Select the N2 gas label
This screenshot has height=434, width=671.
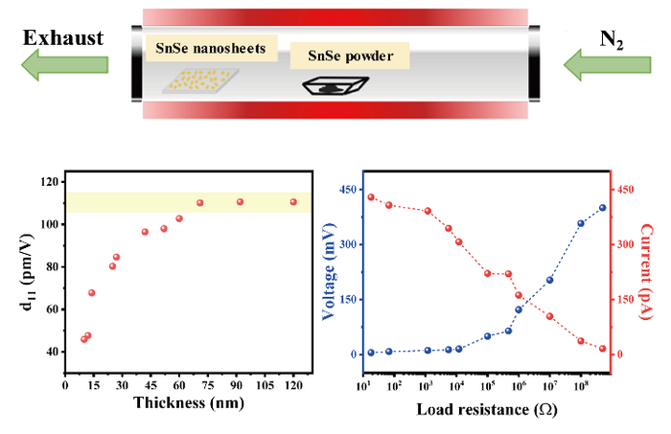coord(613,38)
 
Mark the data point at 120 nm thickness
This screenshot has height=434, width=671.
coord(293,202)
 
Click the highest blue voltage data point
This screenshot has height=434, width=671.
coord(603,208)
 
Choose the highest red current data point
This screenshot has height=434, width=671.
coord(371,197)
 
